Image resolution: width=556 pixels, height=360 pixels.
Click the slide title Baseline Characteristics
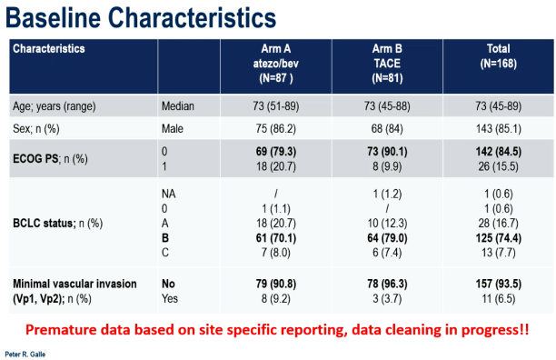pos(141,18)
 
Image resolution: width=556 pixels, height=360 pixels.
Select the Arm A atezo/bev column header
pos(276,64)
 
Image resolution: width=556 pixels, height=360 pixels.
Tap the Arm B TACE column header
pos(387,64)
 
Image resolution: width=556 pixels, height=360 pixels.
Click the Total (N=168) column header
pos(498,56)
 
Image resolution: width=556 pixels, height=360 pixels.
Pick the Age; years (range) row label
pos(55,106)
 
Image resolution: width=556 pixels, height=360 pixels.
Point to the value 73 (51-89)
pos(276,106)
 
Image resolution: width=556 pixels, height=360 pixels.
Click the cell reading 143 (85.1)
pos(498,128)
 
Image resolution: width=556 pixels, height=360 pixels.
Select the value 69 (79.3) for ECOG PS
pos(276,152)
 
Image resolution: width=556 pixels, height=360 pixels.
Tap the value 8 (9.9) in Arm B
pos(387,166)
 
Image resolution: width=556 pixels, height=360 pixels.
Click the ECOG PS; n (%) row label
pos(50,159)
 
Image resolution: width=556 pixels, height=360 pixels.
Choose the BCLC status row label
pos(58,224)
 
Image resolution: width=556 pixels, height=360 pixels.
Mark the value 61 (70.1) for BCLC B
pos(276,238)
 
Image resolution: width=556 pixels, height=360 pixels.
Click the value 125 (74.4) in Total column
pos(498,238)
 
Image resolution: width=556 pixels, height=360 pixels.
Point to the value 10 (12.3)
pos(387,224)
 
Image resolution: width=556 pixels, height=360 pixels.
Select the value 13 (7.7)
pos(498,253)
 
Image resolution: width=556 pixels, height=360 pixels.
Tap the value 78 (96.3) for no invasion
pos(387,284)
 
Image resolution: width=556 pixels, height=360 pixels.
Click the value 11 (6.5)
pos(498,299)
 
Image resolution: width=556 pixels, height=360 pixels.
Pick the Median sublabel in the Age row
pos(178,106)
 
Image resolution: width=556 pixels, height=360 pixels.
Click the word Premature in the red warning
pos(61,330)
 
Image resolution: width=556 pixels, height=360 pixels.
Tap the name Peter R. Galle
pos(25,355)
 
